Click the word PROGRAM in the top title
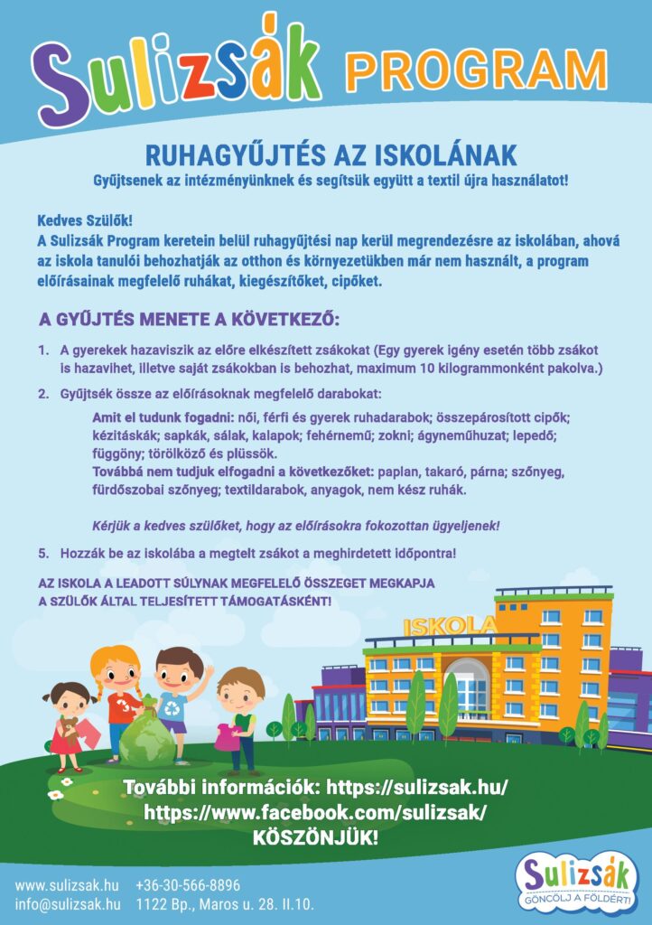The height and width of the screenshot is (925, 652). tap(476, 68)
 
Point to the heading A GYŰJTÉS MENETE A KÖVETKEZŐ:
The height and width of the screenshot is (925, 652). tap(189, 320)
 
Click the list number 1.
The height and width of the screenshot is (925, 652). tap(42, 349)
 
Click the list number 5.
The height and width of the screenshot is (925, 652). tap(42, 552)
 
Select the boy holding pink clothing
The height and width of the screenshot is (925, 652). tap(238, 718)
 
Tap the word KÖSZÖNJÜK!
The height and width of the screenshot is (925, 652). tap(315, 838)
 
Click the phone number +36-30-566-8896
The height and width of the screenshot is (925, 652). tap(188, 885)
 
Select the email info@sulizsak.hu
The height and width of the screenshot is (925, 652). tap(68, 904)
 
